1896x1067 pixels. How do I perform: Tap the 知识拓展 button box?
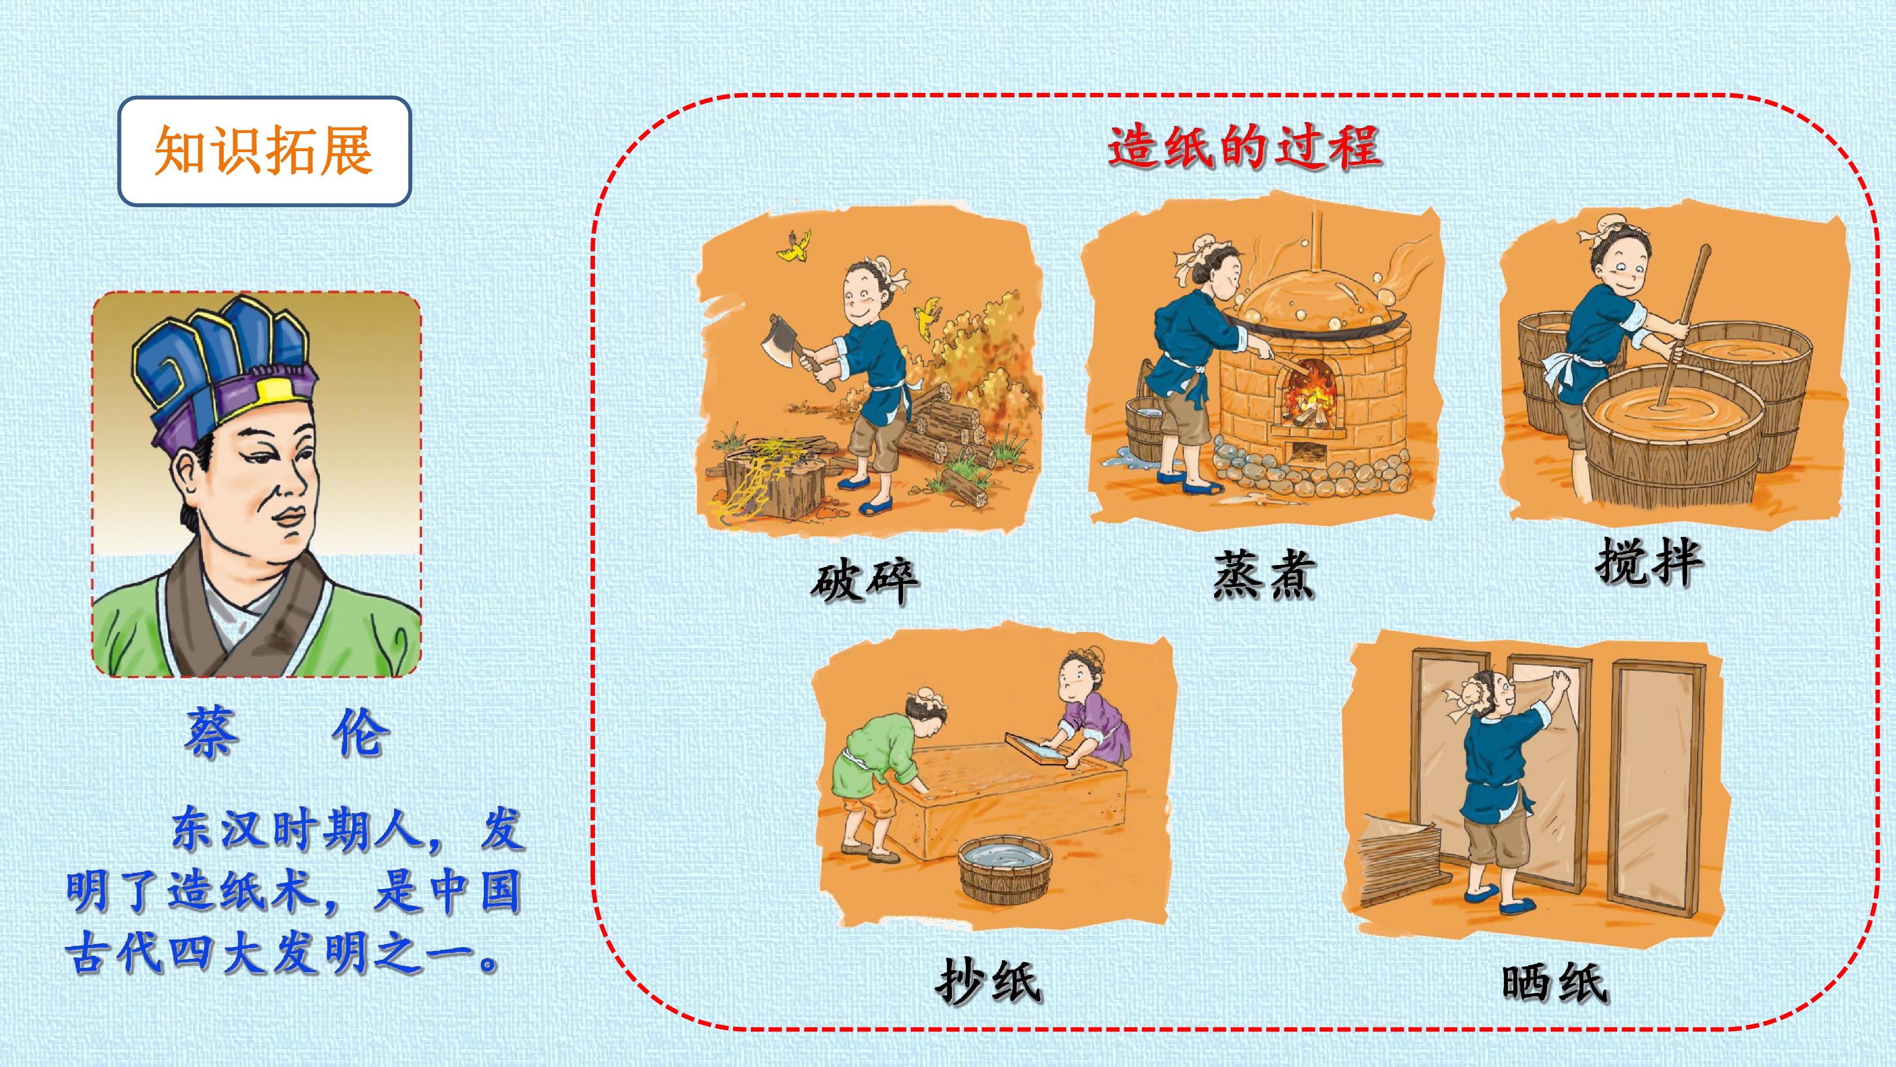point(264,151)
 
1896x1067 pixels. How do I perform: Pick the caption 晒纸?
point(1554,983)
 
